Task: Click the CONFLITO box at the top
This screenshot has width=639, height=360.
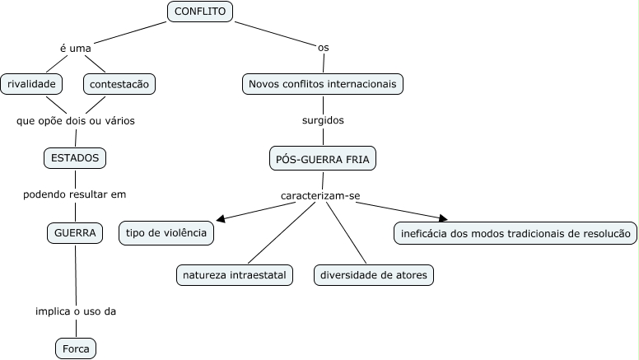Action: coord(200,11)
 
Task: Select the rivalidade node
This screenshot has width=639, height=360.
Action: coord(31,83)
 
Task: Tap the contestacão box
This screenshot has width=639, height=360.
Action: coord(119,83)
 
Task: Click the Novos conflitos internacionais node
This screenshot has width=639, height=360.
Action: coord(323,83)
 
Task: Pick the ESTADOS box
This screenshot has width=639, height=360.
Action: coord(75,157)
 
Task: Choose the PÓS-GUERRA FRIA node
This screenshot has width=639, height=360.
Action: coord(323,158)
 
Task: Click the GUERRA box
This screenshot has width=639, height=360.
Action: coord(75,233)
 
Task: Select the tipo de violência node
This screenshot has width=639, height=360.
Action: coord(166,233)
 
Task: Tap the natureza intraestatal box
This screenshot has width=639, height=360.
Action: coord(235,275)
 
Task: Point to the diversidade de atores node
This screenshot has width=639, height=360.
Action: coord(373,275)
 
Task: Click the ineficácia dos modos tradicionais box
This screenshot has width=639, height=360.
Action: coord(515,233)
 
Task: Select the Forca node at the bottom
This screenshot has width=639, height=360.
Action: coord(76,348)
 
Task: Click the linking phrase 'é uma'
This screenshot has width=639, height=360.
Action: coord(75,48)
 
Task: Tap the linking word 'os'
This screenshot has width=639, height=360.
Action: coord(324,48)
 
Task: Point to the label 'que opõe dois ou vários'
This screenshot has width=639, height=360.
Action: coord(75,120)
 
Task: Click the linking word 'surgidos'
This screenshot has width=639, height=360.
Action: coord(323,120)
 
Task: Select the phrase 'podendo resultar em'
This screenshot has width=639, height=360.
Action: coord(74,194)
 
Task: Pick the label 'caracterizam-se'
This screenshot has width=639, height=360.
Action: coord(320,196)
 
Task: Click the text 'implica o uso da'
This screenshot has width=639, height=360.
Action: coord(75,311)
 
